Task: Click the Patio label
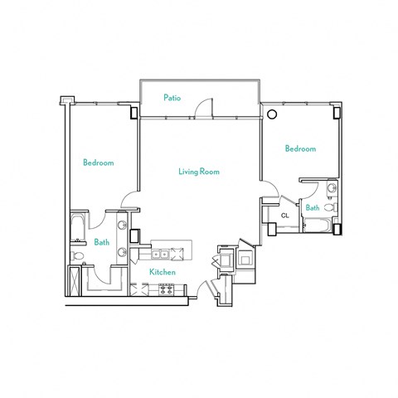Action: pyautogui.click(x=172, y=98)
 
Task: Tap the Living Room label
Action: pyautogui.click(x=198, y=172)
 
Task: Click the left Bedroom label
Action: pyautogui.click(x=98, y=163)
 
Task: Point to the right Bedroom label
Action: pyautogui.click(x=300, y=149)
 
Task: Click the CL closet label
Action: pyautogui.click(x=284, y=216)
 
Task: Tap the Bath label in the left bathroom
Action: pyautogui.click(x=101, y=242)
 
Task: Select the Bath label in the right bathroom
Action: pyautogui.click(x=313, y=207)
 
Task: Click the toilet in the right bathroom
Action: pyautogui.click(x=329, y=207)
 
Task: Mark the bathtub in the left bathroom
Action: pyautogui.click(x=77, y=227)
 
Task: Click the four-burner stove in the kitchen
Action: pyautogui.click(x=166, y=289)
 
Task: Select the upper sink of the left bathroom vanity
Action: pyautogui.click(x=122, y=226)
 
